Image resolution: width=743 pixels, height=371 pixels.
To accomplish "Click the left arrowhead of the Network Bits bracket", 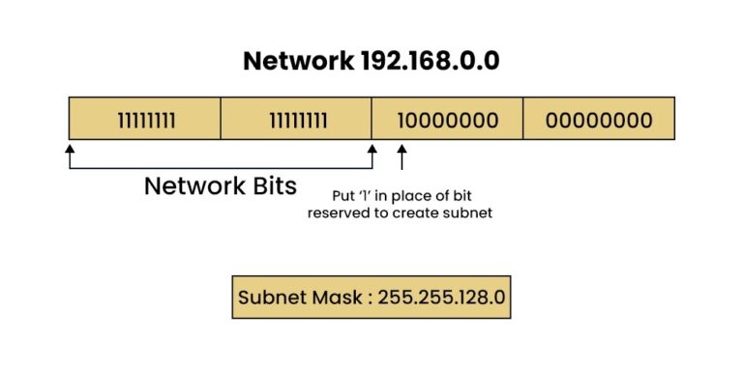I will coord(70,150).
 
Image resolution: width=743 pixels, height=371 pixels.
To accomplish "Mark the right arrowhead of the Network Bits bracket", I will coord(372,150).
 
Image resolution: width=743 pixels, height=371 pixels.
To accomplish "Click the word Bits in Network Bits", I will coord(273,186).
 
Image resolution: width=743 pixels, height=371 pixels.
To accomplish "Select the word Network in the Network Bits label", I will coord(191,186).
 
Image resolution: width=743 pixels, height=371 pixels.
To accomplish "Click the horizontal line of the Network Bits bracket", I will coord(221,168).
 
